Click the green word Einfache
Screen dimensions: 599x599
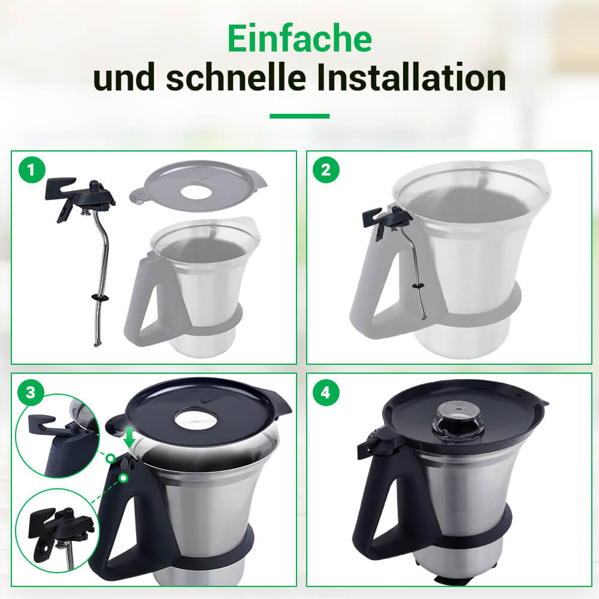299,38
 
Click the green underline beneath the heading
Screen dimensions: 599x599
299,116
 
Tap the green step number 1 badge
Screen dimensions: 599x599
32,170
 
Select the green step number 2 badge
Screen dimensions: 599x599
326,170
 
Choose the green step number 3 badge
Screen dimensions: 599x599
31,392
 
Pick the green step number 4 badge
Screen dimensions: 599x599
326,392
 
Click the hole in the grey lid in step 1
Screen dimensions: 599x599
196,192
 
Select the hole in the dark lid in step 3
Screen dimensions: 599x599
196,419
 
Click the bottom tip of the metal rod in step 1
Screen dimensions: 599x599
97,344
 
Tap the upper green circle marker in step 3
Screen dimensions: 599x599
110,458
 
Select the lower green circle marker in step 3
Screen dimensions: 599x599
123,477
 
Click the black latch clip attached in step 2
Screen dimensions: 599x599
386,221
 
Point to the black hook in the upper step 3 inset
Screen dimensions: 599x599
41,424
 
